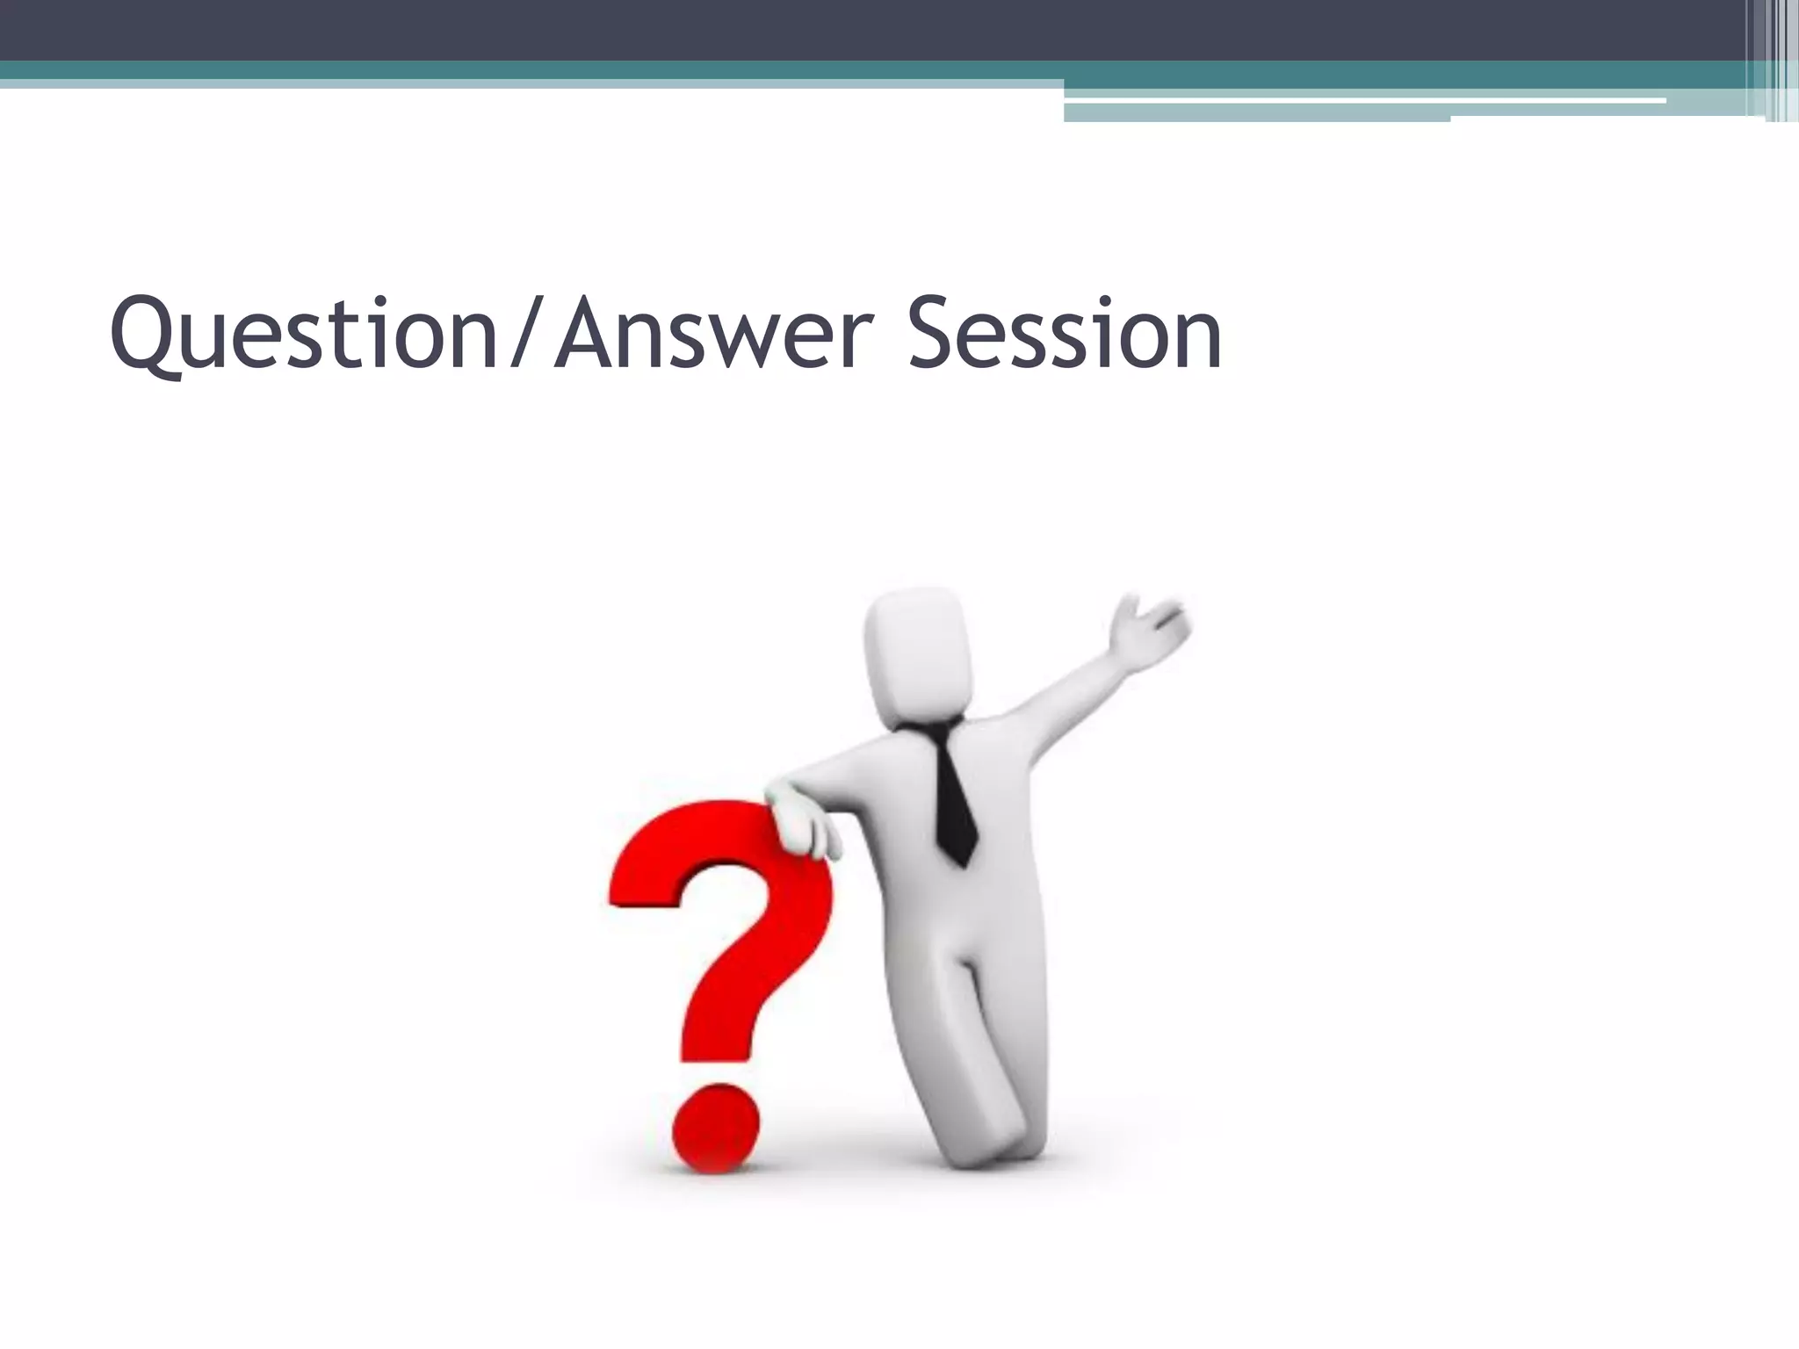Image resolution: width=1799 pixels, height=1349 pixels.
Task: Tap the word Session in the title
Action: click(x=1065, y=335)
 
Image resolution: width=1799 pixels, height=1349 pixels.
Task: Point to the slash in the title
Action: click(x=528, y=335)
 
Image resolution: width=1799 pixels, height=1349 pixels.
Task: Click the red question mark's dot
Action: click(x=715, y=1129)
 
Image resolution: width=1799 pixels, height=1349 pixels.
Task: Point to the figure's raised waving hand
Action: click(x=1146, y=628)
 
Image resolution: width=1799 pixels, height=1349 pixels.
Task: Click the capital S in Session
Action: click(x=934, y=335)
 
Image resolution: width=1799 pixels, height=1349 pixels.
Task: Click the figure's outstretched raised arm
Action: click(x=1063, y=703)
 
